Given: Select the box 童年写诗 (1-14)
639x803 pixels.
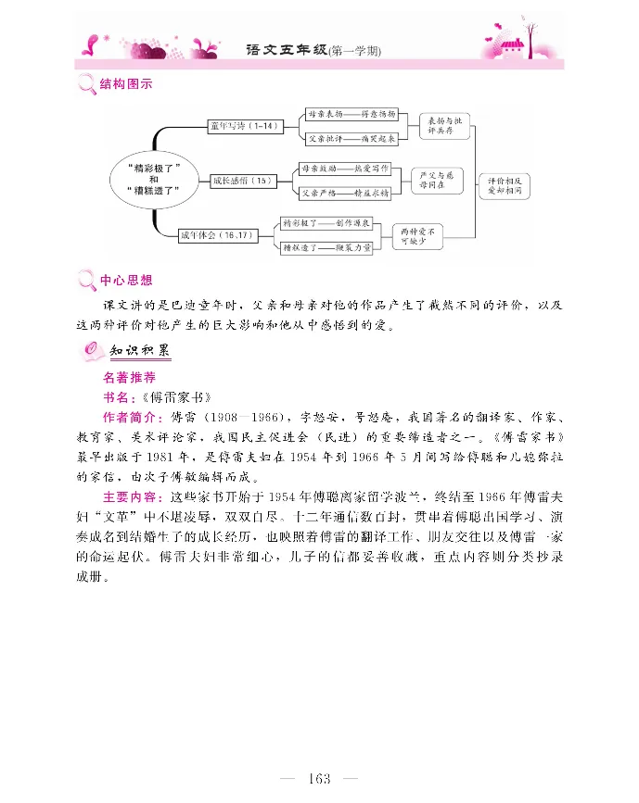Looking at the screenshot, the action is pos(244,125).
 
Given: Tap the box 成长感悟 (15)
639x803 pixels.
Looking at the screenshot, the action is pos(244,181).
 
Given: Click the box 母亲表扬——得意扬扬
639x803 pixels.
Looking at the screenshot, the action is pos(352,114).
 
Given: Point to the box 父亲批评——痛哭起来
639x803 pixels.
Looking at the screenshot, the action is pos(352,138).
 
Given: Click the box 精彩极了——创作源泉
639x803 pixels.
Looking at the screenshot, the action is pos(326,224).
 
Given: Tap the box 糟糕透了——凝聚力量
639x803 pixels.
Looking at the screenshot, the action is pos(326,248).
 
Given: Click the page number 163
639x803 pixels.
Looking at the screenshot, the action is pos(320,779).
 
